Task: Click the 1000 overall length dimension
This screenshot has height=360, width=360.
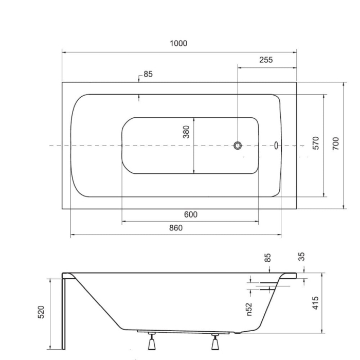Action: click(178, 43)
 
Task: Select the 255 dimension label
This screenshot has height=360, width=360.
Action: click(265, 60)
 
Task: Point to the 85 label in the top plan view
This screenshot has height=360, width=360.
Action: click(148, 74)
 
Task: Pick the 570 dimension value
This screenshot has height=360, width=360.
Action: click(316, 142)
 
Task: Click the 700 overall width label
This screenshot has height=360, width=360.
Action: click(336, 142)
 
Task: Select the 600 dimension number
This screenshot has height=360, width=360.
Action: click(190, 215)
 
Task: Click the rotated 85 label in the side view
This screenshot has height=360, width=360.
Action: click(267, 258)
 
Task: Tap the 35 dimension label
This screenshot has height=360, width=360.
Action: click(302, 257)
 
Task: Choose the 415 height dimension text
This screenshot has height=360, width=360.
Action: click(315, 303)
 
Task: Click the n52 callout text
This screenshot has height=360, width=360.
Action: click(249, 308)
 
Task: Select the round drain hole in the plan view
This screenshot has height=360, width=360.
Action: click(238, 146)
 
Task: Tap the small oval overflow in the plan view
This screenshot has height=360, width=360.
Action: click(276, 146)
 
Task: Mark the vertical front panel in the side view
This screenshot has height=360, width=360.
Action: click(64, 314)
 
